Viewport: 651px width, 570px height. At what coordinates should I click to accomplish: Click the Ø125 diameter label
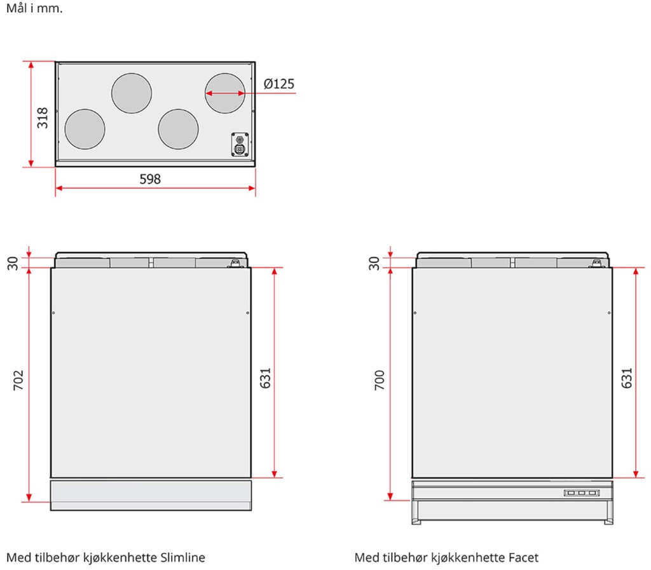(x=279, y=84)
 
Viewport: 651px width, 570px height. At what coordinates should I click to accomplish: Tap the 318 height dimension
(x=42, y=118)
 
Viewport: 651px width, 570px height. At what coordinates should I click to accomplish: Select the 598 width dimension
(x=150, y=179)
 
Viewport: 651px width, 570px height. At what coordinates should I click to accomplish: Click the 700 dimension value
(x=380, y=379)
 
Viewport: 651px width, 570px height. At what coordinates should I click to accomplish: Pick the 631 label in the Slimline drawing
(x=264, y=378)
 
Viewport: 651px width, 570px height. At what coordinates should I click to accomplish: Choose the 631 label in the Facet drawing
(x=626, y=378)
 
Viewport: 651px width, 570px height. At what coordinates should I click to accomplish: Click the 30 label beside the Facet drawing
(x=374, y=262)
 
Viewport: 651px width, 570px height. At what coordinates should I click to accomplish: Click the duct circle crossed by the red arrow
(x=224, y=93)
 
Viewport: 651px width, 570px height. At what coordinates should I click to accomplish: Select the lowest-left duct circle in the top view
(x=85, y=129)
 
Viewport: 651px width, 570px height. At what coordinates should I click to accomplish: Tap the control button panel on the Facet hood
(x=581, y=492)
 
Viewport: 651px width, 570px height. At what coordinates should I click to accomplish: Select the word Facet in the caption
(x=524, y=557)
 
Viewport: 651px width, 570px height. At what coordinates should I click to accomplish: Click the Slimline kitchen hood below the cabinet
(x=151, y=495)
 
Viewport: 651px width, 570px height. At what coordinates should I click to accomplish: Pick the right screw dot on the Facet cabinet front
(x=608, y=313)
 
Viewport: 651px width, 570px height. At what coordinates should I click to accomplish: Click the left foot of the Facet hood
(x=416, y=522)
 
